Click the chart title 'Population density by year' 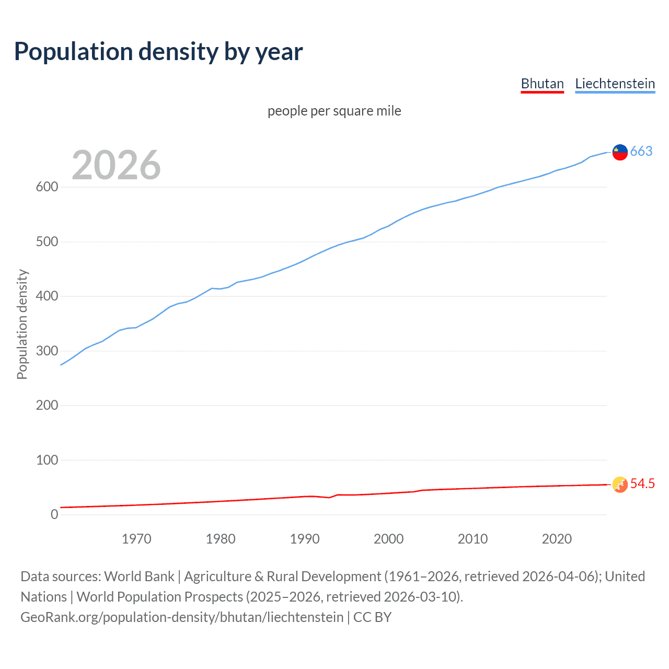pos(158,51)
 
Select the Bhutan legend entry pos(542,84)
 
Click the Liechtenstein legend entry pos(615,84)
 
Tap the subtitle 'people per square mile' pos(334,111)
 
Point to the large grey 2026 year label pos(116,165)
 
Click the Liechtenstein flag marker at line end pos(620,152)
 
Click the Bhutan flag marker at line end pos(620,485)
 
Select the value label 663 pos(641,151)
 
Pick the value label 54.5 pos(642,484)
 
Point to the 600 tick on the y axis pos(47,187)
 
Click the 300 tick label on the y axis pos(47,351)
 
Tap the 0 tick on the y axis pos(54,514)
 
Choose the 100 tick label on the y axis pos(47,460)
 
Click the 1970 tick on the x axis pos(136,539)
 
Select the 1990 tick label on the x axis pos(305,539)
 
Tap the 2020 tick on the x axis pos(557,539)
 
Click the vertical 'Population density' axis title pos(22,324)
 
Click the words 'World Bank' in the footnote pos(139,576)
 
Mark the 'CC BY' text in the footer pos(372,617)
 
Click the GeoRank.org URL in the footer pos(182,617)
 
